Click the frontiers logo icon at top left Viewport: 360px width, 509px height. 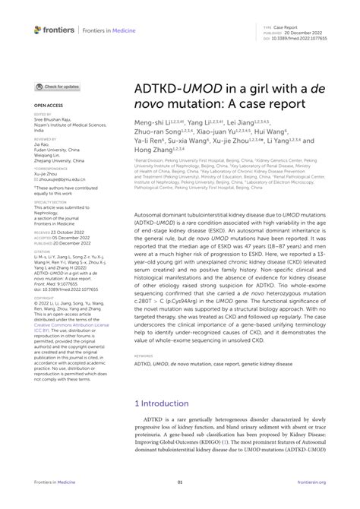[x=39, y=29]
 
